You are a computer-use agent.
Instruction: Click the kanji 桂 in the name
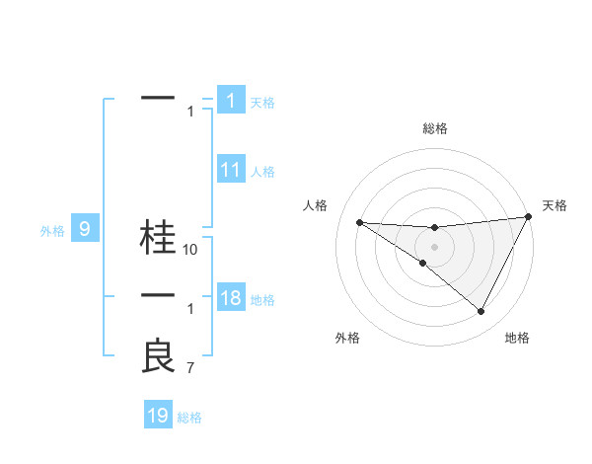point(158,237)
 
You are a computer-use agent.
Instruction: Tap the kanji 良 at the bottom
point(158,356)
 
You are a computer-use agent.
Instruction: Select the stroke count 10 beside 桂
point(191,250)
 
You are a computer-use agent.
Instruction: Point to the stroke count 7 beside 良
point(190,369)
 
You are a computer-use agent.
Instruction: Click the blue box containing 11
point(230,170)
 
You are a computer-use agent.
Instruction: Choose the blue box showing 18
point(230,299)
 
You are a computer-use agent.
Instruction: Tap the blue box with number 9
point(85,230)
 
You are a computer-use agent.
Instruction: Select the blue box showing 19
point(158,416)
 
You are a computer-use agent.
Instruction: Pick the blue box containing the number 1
point(230,101)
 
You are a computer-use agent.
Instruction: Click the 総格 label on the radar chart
point(435,128)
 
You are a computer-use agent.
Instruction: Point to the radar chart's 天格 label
point(555,205)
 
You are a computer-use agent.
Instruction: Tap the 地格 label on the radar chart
point(517,338)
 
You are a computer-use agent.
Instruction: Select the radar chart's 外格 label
point(347,338)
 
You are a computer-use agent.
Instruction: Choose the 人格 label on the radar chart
point(315,205)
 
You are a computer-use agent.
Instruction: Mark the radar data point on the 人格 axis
point(359,222)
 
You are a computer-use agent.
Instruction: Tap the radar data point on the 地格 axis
point(481,312)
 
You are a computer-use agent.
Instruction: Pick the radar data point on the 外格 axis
point(423,263)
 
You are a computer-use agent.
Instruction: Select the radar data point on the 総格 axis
point(434,228)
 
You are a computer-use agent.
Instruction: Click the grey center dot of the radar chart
point(434,246)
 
